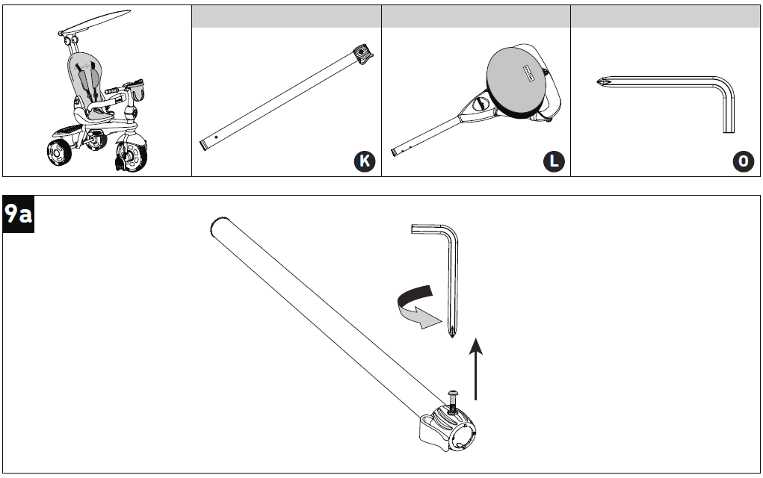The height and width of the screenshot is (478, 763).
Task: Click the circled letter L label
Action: (x=554, y=161)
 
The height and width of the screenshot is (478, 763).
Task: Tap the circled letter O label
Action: (x=744, y=161)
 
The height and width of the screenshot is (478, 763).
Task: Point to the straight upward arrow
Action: (x=475, y=367)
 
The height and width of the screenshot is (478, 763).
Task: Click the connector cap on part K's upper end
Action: (x=363, y=55)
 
